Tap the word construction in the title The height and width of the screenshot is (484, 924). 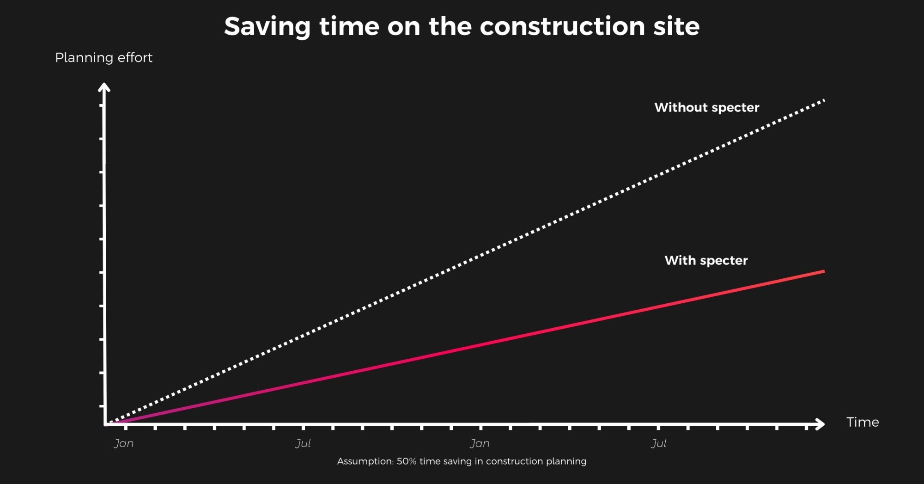click(x=562, y=26)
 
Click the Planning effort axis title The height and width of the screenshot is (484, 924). click(x=103, y=58)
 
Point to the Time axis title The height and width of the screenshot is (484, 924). click(x=862, y=422)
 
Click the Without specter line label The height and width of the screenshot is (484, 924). click(x=706, y=108)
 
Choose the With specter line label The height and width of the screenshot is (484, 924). click(x=706, y=261)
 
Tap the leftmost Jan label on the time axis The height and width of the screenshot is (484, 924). click(x=124, y=444)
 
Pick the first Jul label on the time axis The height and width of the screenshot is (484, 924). click(x=303, y=444)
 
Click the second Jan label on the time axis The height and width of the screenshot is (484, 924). click(x=480, y=444)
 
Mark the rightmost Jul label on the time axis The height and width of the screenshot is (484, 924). click(x=659, y=444)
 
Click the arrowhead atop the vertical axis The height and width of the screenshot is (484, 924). click(x=104, y=86)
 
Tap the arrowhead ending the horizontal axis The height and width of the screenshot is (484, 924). click(x=821, y=424)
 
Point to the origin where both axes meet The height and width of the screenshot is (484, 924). click(x=106, y=423)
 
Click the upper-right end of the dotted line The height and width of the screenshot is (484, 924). click(x=824, y=100)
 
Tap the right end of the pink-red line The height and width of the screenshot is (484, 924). click(x=823, y=272)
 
